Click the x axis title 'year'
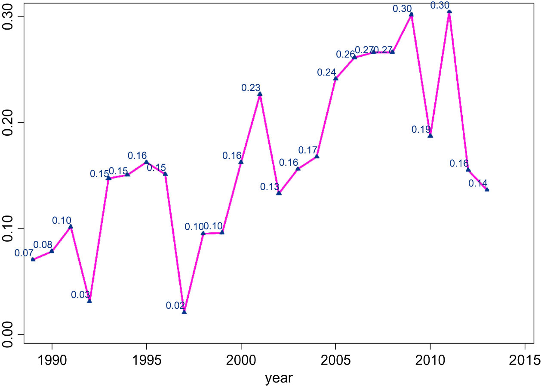[279, 378]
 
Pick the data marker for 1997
[184, 311]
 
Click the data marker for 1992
[89, 301]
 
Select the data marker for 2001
[260, 94]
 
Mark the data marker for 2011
[449, 12]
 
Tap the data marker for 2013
[487, 189]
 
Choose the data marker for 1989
[33, 259]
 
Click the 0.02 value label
[175, 306]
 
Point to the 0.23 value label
[251, 88]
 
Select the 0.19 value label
[421, 129]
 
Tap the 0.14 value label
[478, 183]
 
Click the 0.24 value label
[326, 73]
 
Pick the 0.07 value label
[24, 253]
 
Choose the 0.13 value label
[270, 187]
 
